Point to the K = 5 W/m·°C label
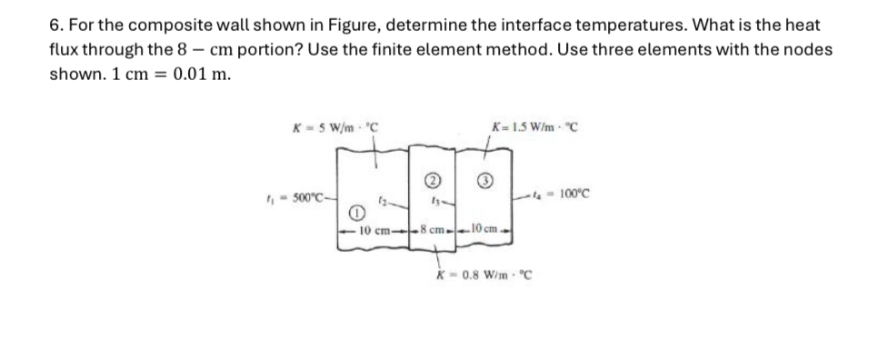[x=334, y=125]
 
